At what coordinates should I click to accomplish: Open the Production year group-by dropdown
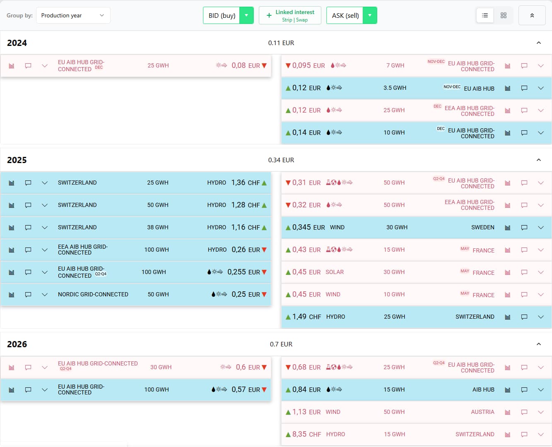click(x=73, y=15)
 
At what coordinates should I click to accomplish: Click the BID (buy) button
click(x=222, y=15)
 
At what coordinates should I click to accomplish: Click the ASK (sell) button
click(x=345, y=15)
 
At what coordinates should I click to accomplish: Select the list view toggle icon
click(x=485, y=15)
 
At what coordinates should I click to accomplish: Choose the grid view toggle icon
click(x=504, y=15)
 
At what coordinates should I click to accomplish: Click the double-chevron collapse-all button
click(x=532, y=15)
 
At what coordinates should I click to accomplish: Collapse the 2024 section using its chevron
click(x=538, y=43)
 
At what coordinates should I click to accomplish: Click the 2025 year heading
click(x=17, y=160)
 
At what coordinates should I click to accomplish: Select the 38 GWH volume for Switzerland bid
click(x=157, y=227)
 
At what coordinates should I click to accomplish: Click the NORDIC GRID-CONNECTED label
click(x=93, y=294)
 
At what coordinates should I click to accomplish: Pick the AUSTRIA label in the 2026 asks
click(x=482, y=412)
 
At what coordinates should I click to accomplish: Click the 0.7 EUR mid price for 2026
click(x=281, y=344)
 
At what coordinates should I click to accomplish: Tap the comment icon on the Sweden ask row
click(x=524, y=227)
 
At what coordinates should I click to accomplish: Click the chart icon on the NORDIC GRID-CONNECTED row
click(x=12, y=294)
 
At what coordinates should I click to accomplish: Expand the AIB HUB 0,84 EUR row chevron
click(x=540, y=389)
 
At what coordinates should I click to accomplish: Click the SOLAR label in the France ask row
click(x=335, y=272)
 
